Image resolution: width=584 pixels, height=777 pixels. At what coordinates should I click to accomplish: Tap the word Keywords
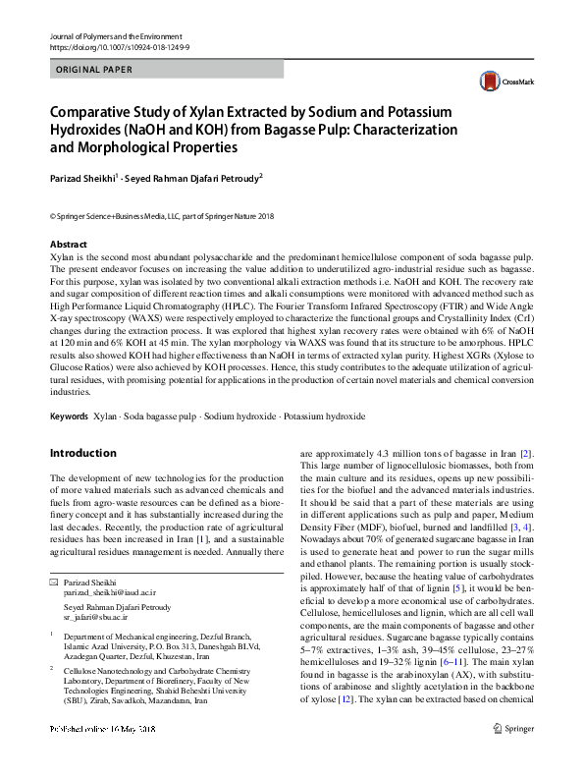(70, 416)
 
